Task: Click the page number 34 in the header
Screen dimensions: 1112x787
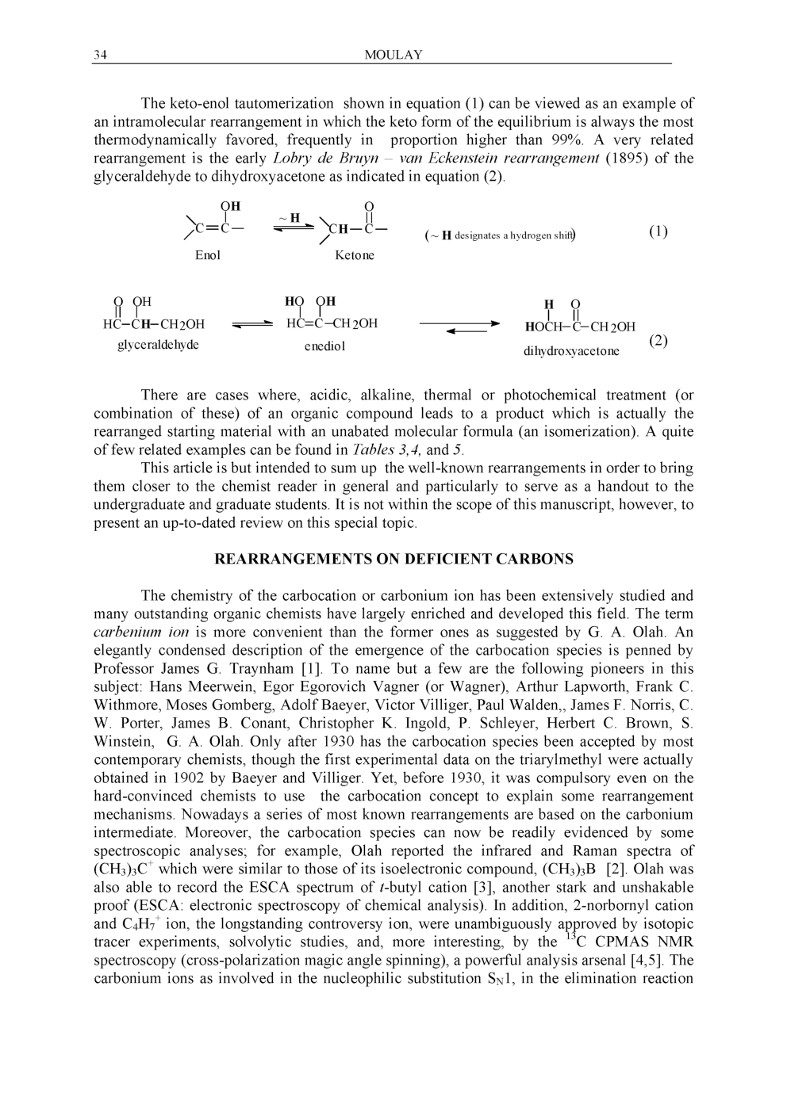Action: (100, 55)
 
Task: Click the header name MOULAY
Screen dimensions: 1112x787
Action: (393, 55)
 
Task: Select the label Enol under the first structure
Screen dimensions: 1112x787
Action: (208, 255)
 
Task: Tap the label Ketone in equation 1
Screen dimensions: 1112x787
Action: (355, 255)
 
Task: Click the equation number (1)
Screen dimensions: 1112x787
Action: (658, 231)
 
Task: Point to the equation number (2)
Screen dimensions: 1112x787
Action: (658, 341)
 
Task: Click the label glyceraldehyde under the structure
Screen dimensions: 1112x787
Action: (158, 345)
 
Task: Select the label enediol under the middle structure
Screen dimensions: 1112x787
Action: (324, 346)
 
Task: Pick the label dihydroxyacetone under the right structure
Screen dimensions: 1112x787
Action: (571, 350)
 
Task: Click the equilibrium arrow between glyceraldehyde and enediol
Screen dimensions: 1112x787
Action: (252, 324)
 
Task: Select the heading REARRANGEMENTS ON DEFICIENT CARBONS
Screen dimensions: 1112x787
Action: (393, 560)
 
